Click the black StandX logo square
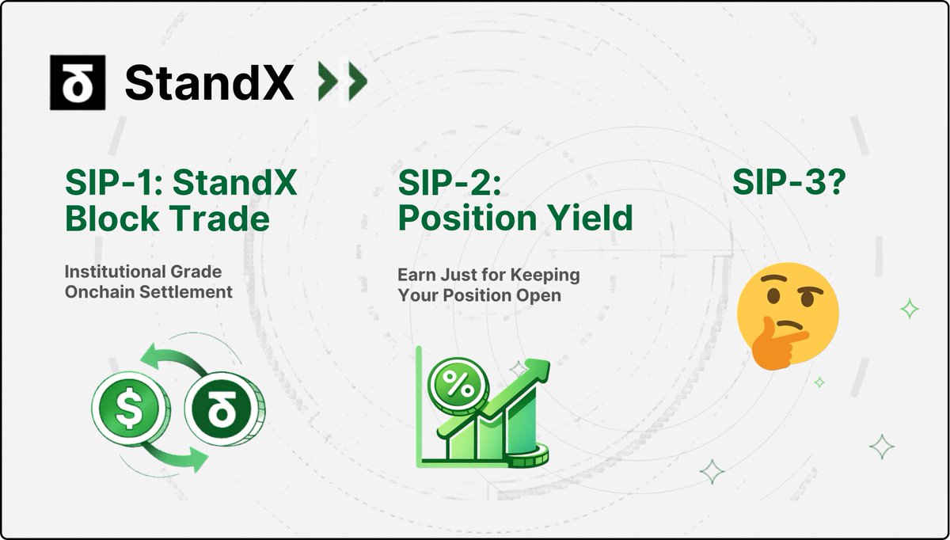pos(78,82)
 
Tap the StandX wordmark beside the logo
pos(210,82)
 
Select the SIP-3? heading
pos(789,182)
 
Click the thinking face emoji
pos(788,316)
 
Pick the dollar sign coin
pos(130,408)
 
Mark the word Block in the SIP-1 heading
pos(112,219)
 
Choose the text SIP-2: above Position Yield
pos(450,182)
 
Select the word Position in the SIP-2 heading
pos(468,218)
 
